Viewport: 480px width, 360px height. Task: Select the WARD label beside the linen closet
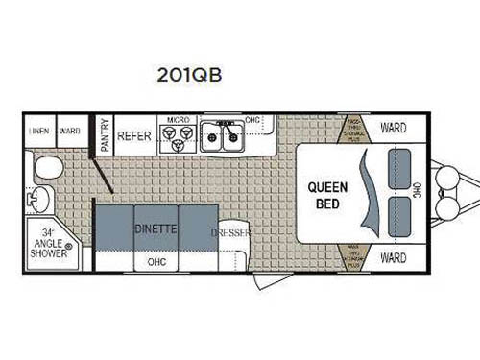point(69,129)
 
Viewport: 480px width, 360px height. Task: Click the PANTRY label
point(106,135)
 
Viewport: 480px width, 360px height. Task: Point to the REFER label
point(134,136)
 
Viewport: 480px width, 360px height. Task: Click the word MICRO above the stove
point(177,120)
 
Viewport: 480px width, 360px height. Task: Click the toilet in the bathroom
point(46,168)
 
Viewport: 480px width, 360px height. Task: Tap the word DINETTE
point(154,229)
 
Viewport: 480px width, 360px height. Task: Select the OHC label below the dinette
point(156,260)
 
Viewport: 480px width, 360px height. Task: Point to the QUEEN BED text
point(326,195)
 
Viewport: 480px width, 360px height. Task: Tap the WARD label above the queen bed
point(393,128)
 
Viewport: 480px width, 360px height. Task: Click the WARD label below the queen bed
point(393,258)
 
